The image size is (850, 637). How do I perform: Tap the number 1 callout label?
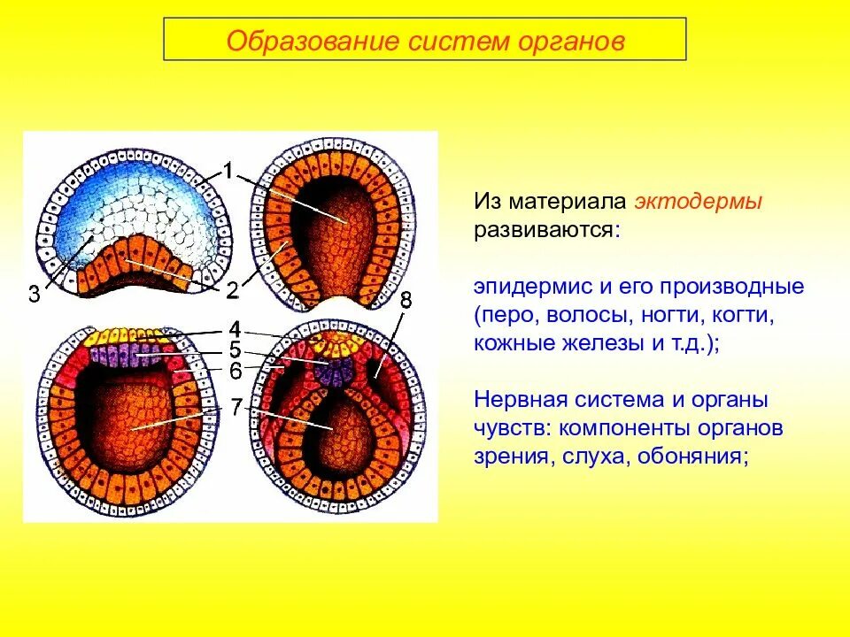click(x=228, y=171)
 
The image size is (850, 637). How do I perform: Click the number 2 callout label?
click(x=231, y=290)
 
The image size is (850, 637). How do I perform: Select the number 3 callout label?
click(x=34, y=295)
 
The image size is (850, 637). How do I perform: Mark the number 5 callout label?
click(x=235, y=349)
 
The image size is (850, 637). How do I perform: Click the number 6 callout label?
click(x=236, y=371)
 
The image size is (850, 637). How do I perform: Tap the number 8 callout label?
click(x=405, y=301)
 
